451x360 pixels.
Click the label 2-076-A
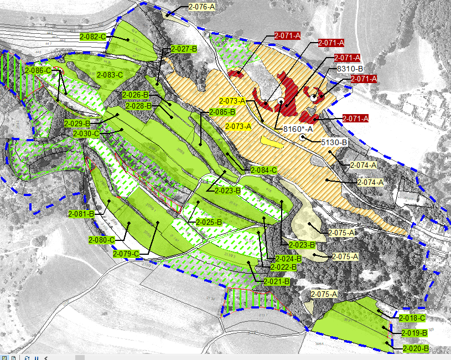(202, 7)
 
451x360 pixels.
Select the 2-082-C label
(92, 37)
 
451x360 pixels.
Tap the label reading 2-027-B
(184, 49)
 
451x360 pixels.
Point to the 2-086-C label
(38, 71)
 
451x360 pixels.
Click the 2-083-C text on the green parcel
(110, 74)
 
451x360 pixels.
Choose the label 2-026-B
(136, 94)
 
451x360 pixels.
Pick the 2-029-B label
(77, 123)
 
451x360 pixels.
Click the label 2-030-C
(86, 133)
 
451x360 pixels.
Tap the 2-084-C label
(263, 170)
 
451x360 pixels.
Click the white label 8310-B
(350, 69)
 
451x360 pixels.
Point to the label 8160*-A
(298, 129)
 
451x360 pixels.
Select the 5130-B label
(334, 142)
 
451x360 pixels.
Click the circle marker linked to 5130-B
(302, 137)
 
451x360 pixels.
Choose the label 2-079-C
(126, 254)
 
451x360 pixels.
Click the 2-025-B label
(208, 222)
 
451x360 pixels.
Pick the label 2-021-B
(277, 281)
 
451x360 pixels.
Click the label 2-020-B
(416, 349)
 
